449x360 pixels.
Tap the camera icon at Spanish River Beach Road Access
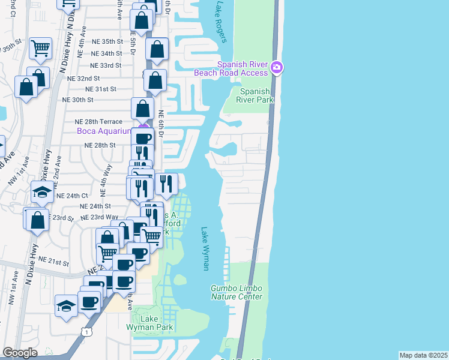pos(276,67)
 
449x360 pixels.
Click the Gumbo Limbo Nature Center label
pos(236,292)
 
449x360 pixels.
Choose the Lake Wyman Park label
pos(149,323)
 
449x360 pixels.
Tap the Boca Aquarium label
pos(103,131)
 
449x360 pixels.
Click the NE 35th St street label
pos(107,41)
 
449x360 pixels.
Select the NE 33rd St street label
pos(106,65)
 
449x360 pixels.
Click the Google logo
pos(20,353)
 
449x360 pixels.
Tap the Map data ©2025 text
pos(424,355)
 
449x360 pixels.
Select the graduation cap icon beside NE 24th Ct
pos(42,192)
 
